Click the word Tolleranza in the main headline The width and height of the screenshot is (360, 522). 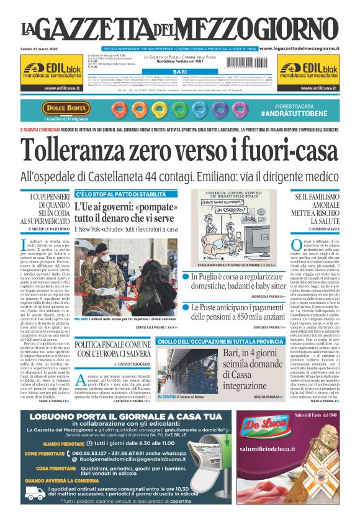83,148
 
